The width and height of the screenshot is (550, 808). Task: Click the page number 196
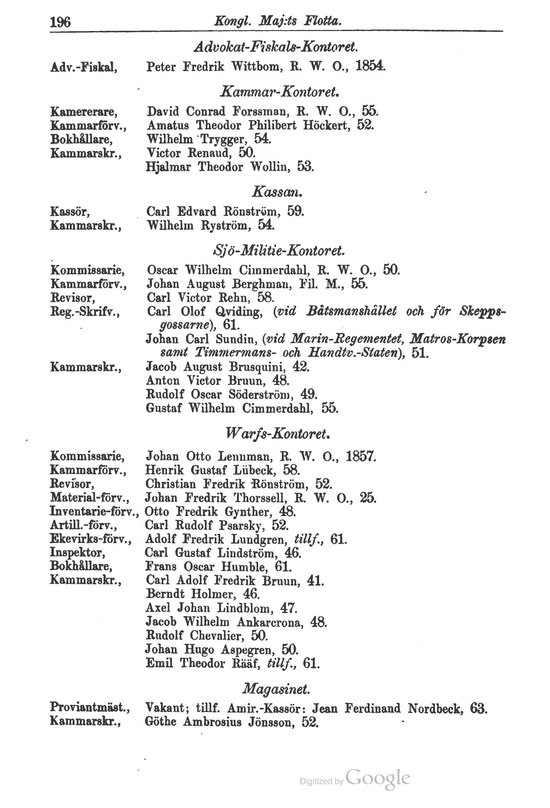coord(60,21)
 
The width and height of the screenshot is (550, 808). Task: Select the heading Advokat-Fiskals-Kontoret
coord(275,48)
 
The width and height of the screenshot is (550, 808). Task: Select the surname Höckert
coord(327,125)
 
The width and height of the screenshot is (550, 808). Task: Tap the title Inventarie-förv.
coord(94,512)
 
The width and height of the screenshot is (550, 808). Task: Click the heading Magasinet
coord(275,689)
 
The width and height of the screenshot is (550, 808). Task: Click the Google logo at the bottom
coord(377,778)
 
